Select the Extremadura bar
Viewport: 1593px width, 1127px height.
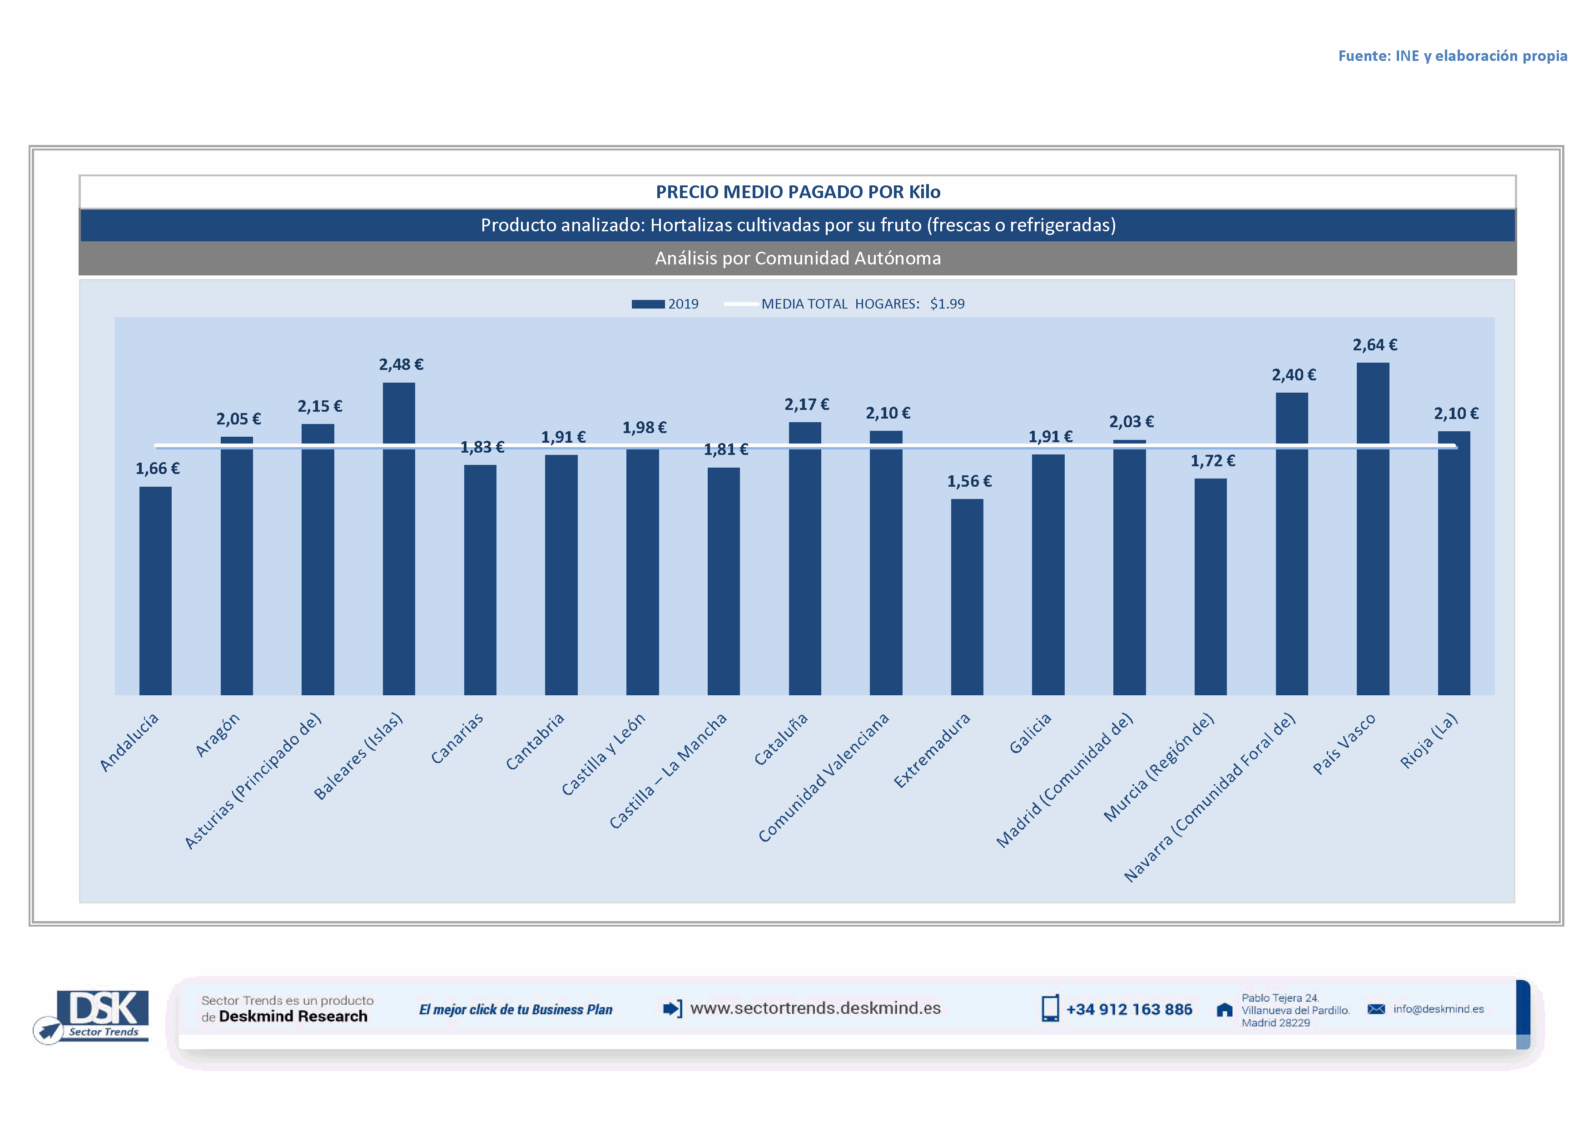tap(967, 597)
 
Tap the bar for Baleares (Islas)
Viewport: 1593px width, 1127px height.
tap(399, 539)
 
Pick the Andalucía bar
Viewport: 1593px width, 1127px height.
tap(155, 591)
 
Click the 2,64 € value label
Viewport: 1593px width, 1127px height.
tap(1375, 345)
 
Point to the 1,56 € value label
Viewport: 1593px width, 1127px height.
tap(969, 481)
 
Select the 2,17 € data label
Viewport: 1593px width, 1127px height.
tap(807, 404)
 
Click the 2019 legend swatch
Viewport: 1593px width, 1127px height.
tap(647, 304)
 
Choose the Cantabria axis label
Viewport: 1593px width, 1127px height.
tap(535, 741)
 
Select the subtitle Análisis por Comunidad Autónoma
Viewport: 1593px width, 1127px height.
tap(798, 258)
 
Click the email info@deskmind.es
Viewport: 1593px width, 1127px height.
tap(1438, 1009)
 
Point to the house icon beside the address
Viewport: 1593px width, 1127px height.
tap(1225, 1010)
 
